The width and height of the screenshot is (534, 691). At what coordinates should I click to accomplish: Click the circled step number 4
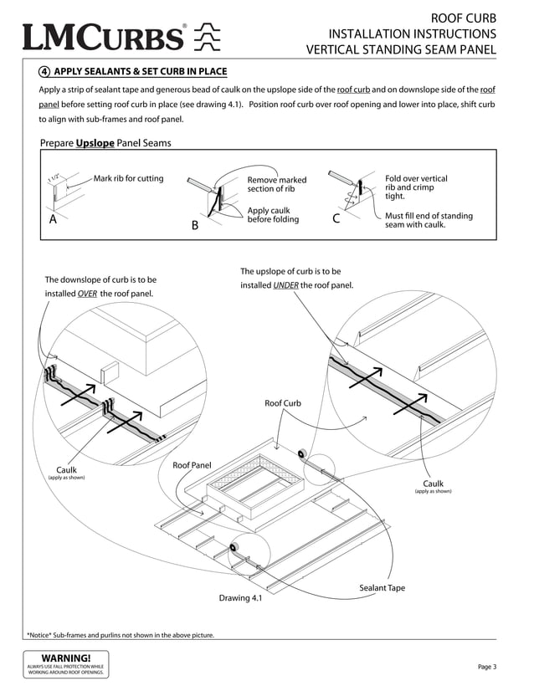[44, 71]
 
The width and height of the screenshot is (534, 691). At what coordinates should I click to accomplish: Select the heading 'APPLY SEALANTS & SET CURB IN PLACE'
[140, 71]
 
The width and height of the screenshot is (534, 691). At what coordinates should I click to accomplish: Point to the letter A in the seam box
[53, 220]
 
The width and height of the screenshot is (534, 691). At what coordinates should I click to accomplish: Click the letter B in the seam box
[194, 226]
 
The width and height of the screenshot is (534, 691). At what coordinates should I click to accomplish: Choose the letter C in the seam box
[336, 220]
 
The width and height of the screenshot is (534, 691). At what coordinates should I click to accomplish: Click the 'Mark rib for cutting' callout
[128, 179]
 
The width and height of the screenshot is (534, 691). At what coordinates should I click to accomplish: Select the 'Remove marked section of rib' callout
[276, 184]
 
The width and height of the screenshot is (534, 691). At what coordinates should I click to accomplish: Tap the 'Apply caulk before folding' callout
[273, 214]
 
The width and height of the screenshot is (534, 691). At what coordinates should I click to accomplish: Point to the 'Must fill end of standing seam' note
[428, 220]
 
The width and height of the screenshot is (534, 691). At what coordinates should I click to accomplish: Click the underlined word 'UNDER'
[285, 285]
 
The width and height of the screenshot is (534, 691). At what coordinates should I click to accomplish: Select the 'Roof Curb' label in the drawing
[282, 403]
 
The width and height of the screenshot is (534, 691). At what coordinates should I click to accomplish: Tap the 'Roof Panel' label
[192, 465]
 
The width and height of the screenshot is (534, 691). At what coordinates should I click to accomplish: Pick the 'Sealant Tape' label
[382, 588]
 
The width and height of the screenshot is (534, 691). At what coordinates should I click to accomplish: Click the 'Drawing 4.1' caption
[240, 598]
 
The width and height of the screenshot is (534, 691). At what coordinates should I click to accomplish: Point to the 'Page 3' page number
[487, 667]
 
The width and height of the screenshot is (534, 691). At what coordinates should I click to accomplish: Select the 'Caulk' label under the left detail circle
[66, 470]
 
